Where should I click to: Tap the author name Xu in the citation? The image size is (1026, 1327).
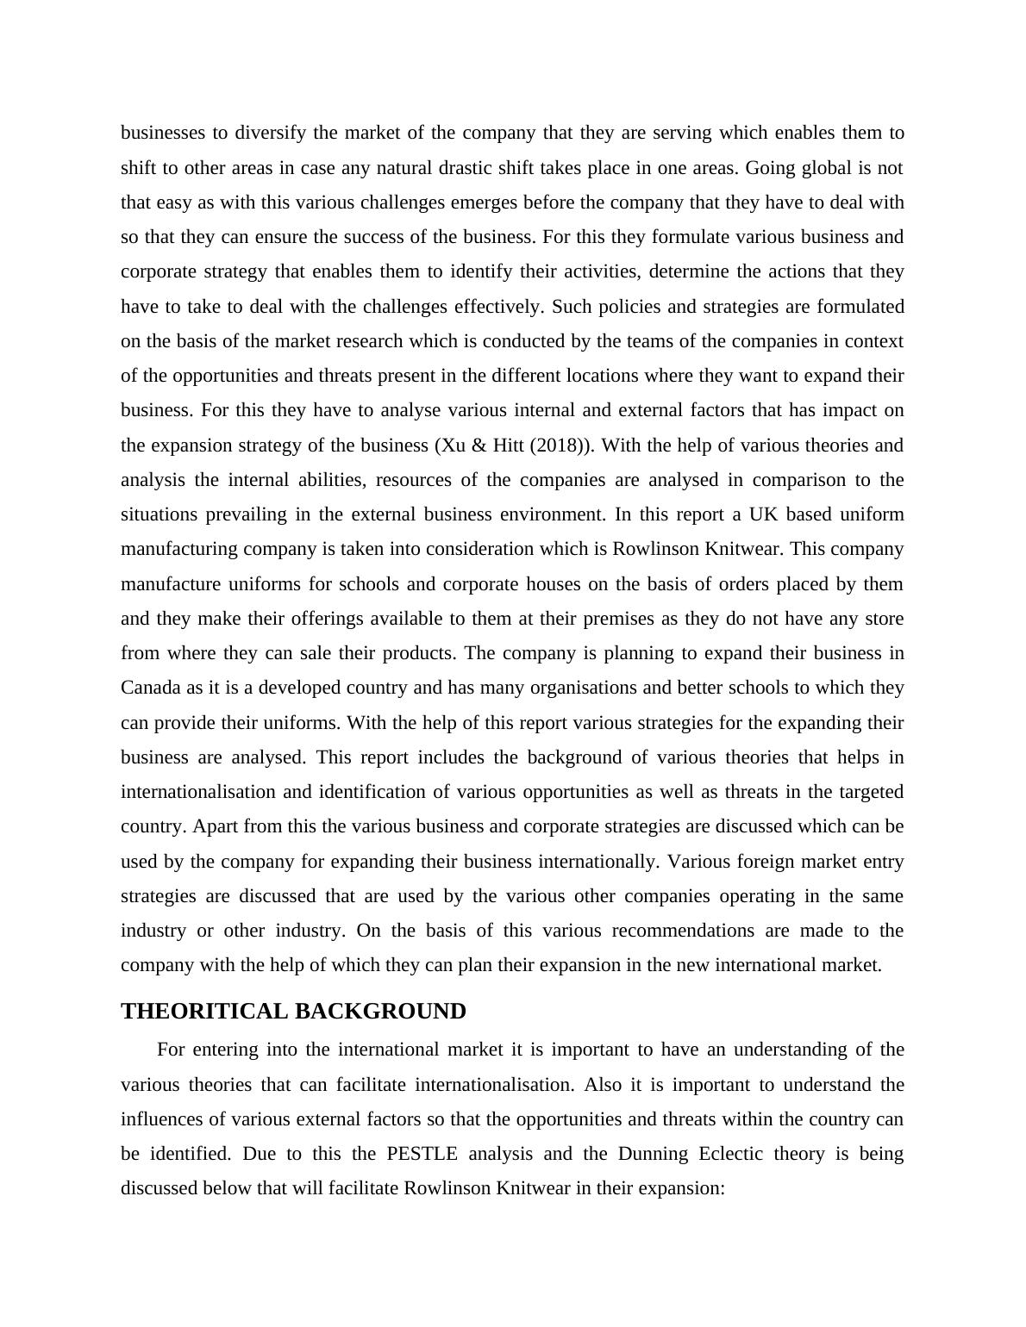pyautogui.click(x=448, y=445)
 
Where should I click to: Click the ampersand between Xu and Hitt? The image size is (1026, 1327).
pyautogui.click(x=477, y=445)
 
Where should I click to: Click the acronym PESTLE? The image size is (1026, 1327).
pyautogui.click(x=422, y=1154)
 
